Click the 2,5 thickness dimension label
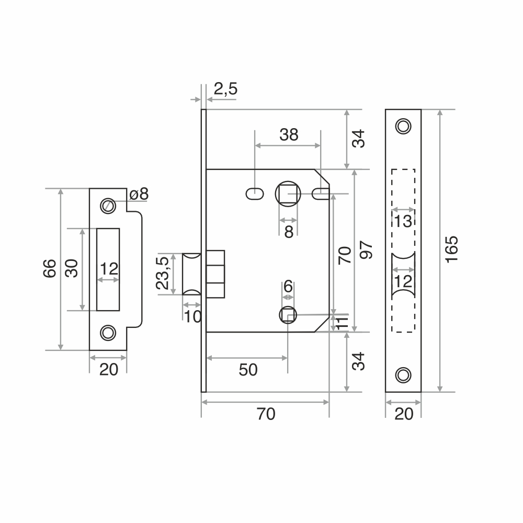(x=225, y=89)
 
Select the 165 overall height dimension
(x=452, y=249)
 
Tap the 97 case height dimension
(x=366, y=249)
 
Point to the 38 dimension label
(x=289, y=135)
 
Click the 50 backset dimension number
(x=248, y=370)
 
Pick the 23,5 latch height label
(x=163, y=273)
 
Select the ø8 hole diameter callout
(x=139, y=194)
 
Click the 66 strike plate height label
(x=50, y=268)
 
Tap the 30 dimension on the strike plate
(x=71, y=268)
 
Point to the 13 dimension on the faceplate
(x=403, y=221)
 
